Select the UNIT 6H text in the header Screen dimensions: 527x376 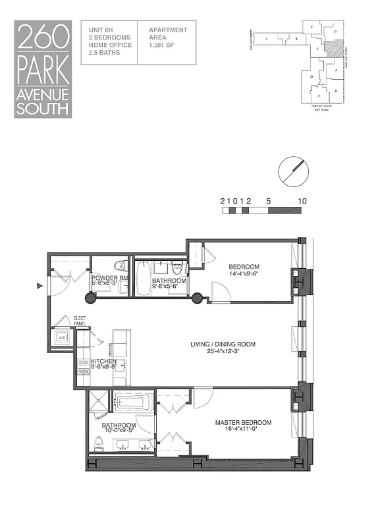click(x=100, y=30)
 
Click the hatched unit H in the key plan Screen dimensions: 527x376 click(x=336, y=48)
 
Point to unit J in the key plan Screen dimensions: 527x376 click(x=266, y=39)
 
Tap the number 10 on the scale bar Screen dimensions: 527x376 click(x=302, y=202)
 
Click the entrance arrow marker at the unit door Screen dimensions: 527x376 click(x=40, y=286)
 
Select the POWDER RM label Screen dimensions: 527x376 click(x=109, y=278)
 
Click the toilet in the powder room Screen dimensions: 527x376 click(x=119, y=266)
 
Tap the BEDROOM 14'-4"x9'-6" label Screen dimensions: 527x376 click(x=246, y=269)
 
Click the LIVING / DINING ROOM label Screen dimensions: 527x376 click(x=223, y=344)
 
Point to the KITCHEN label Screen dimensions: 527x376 click(x=104, y=362)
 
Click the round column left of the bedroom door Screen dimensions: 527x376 click(x=196, y=298)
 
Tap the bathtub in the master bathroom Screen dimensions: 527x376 click(x=134, y=401)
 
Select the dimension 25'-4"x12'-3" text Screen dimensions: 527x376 click(x=223, y=351)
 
